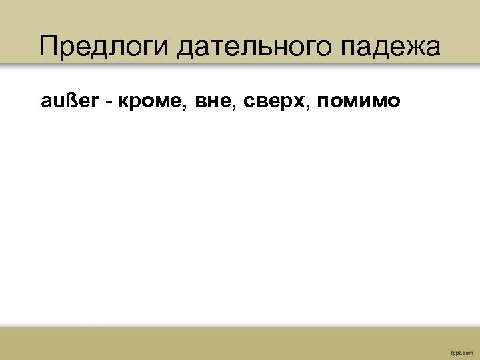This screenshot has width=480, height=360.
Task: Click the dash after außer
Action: (x=107, y=101)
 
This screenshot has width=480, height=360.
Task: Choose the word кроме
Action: (x=150, y=101)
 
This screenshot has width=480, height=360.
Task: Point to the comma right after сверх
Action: (x=309, y=107)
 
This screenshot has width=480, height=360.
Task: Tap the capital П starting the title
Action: (x=48, y=47)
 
